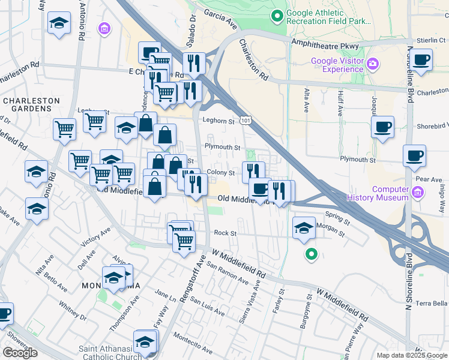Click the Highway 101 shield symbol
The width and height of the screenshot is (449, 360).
click(x=246, y=121)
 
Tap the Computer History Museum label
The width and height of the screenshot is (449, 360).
click(x=390, y=193)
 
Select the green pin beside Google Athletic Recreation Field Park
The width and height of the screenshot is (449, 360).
click(x=277, y=16)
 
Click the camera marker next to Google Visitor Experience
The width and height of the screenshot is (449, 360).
click(x=373, y=64)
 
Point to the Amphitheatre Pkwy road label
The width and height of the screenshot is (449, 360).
click(x=324, y=45)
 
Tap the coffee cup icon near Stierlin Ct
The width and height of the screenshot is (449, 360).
click(x=422, y=60)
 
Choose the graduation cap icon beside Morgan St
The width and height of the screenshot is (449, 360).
click(x=304, y=227)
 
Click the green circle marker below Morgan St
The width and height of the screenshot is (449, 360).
click(x=310, y=254)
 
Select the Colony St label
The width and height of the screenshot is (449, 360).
click(x=220, y=173)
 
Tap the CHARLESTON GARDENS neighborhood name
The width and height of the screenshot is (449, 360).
click(x=31, y=105)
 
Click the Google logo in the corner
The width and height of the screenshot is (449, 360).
click(x=20, y=352)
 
